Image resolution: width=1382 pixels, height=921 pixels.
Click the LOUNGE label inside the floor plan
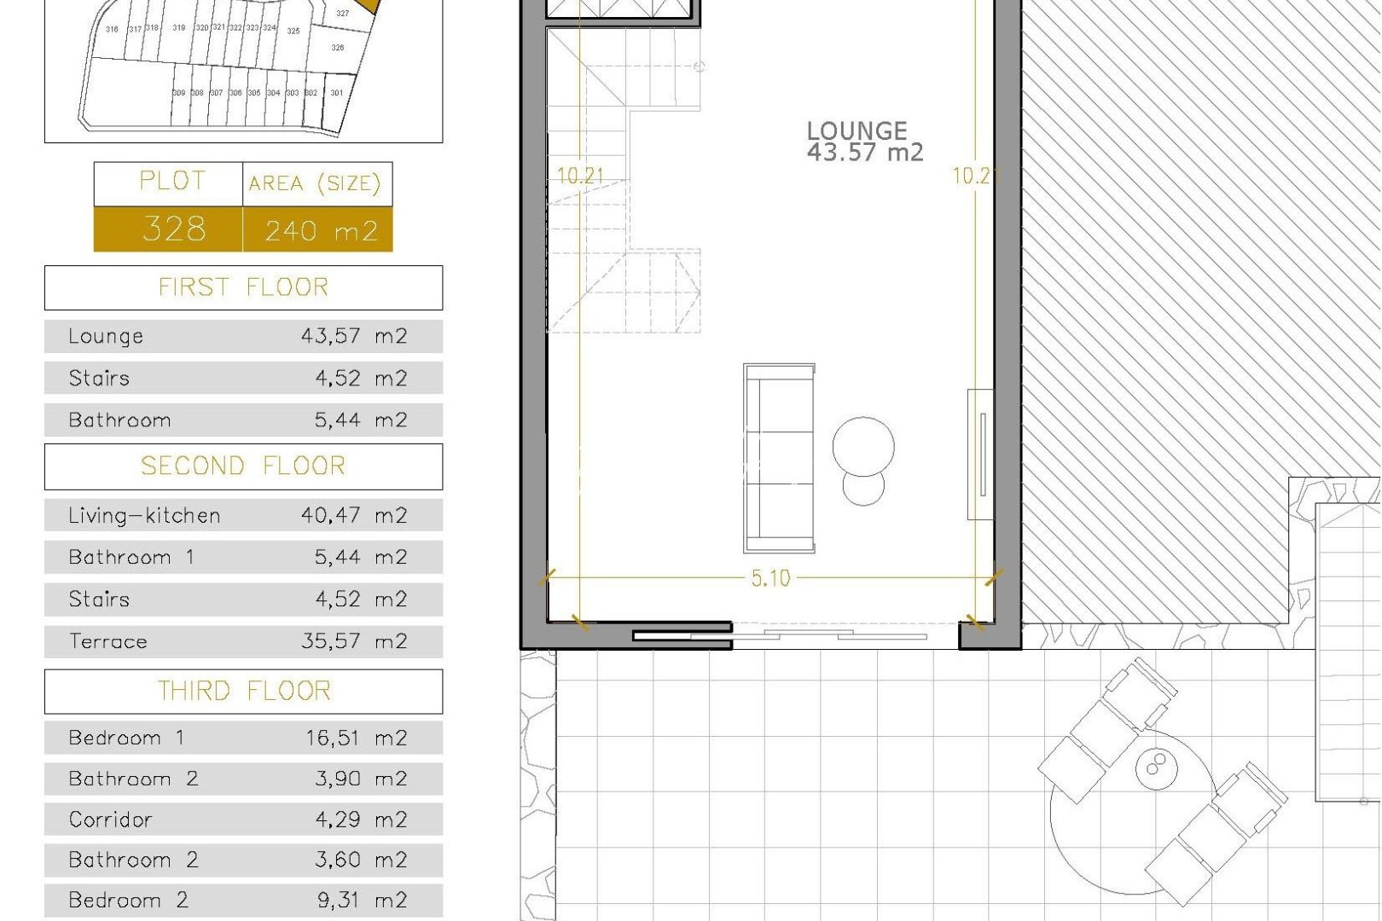[856, 131]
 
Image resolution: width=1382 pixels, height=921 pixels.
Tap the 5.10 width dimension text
[770, 579]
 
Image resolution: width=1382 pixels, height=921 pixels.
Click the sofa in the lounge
[779, 458]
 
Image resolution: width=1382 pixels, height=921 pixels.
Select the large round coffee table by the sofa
[863, 446]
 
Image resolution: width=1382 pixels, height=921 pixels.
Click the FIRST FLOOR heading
[244, 287]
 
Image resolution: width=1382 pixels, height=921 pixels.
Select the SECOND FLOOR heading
[244, 466]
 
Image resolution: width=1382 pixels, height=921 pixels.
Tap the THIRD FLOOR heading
[244, 691]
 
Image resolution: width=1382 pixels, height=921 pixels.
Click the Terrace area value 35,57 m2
[354, 641]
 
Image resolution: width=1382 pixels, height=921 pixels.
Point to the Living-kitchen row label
[144, 516]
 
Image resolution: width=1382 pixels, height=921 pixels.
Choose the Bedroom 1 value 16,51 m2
[357, 738]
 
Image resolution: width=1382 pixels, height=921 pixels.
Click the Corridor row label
[111, 820]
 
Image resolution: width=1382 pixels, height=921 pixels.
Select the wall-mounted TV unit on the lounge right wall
[981, 455]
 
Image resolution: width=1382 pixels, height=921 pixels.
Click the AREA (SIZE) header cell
[315, 184]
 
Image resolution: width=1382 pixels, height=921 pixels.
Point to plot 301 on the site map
[337, 93]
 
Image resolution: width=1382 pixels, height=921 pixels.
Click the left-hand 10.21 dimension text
[580, 177]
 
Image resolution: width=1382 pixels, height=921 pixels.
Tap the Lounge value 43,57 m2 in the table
[354, 336]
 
